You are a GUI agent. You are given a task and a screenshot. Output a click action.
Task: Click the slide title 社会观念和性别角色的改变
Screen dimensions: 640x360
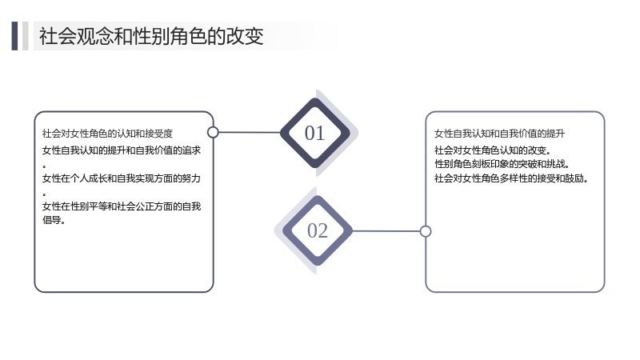tap(151, 36)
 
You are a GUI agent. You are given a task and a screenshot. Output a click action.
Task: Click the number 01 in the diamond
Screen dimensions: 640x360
tap(314, 133)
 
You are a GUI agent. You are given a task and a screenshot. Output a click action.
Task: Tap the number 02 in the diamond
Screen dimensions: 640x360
tap(318, 230)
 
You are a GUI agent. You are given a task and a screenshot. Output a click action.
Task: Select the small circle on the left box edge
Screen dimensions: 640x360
tap(213, 132)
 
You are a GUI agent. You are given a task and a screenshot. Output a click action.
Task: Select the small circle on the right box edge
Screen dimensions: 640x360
tap(426, 231)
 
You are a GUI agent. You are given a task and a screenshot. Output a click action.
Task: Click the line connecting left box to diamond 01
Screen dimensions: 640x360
tap(250, 132)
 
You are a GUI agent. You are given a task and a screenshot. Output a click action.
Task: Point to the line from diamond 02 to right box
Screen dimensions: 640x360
tap(386, 231)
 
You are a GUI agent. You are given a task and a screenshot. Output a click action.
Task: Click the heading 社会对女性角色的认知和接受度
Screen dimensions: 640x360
tap(107, 134)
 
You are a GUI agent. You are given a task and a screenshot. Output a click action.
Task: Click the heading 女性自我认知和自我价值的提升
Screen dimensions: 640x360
tap(499, 134)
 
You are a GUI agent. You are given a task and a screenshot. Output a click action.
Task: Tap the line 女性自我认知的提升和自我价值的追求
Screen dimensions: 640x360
tap(122, 150)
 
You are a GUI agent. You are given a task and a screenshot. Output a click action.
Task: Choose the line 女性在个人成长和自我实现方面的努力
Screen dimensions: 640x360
tap(122, 178)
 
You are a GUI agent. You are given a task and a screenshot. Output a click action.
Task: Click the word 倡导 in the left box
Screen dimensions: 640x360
tap(51, 220)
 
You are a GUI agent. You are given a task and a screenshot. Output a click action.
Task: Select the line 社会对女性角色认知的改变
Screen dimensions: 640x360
tap(493, 150)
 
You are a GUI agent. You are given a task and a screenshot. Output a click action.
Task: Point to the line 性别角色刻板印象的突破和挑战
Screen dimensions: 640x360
tap(502, 164)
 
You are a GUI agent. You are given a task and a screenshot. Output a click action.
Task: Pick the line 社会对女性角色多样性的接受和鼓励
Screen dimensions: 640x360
tap(511, 178)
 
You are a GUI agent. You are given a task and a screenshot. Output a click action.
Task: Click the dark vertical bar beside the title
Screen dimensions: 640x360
tap(14, 36)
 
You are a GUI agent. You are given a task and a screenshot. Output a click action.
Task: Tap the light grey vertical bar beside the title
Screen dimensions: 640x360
tap(26, 36)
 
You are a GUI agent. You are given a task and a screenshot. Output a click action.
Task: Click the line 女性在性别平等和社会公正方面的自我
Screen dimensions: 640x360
tap(122, 206)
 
